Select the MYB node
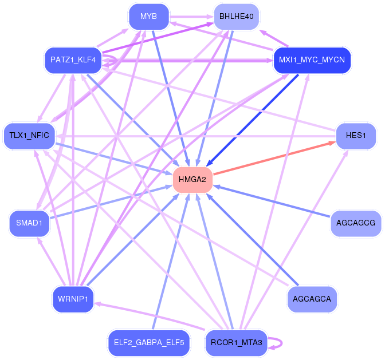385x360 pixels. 148,16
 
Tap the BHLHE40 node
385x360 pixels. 236,16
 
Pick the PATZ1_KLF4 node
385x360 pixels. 73,60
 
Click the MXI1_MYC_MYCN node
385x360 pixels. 311,60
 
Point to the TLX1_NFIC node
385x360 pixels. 29,136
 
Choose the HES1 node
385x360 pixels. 356,136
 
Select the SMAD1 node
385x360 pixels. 29,223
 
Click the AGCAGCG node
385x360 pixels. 356,223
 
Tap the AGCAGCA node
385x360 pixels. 312,299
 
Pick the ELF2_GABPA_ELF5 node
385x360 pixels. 148,343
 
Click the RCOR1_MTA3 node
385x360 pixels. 237,343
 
